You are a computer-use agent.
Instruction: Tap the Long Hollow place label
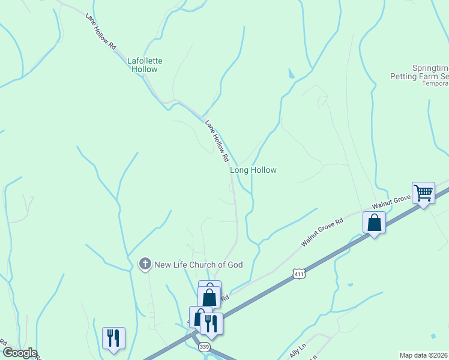(x=253, y=170)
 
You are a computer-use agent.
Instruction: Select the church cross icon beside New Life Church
(x=145, y=264)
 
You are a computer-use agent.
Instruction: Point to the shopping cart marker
(x=424, y=194)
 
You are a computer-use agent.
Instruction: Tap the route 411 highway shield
(x=298, y=274)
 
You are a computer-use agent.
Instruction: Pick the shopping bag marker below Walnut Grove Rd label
(x=375, y=223)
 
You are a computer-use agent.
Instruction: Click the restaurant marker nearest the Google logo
(x=113, y=338)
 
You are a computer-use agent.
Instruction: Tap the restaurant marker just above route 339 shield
(x=211, y=324)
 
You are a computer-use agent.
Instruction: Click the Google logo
(x=19, y=353)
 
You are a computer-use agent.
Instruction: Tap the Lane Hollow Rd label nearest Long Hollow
(x=217, y=141)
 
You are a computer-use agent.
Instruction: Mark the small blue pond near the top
(x=291, y=74)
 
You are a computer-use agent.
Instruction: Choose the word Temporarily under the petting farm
(x=435, y=83)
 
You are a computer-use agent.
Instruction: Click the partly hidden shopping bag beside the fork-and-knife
(x=197, y=316)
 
